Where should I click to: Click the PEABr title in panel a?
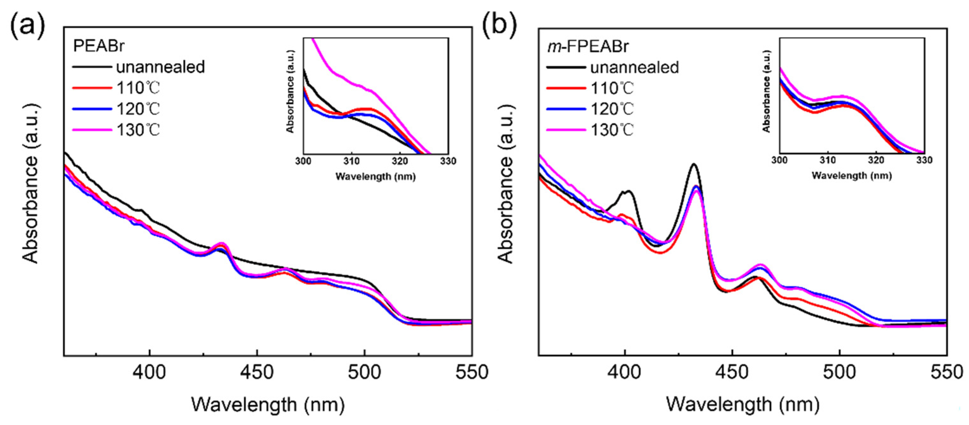click(99, 46)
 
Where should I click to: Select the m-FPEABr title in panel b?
click(587, 46)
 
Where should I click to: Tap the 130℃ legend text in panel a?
click(138, 130)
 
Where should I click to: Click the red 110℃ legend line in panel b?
click(566, 89)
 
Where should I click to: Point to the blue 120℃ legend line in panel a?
click(92, 109)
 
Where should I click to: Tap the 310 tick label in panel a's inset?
click(351, 161)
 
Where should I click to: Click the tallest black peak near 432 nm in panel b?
click(693, 165)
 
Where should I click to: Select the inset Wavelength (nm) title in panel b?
click(852, 175)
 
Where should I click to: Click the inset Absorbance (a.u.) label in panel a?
click(290, 91)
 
